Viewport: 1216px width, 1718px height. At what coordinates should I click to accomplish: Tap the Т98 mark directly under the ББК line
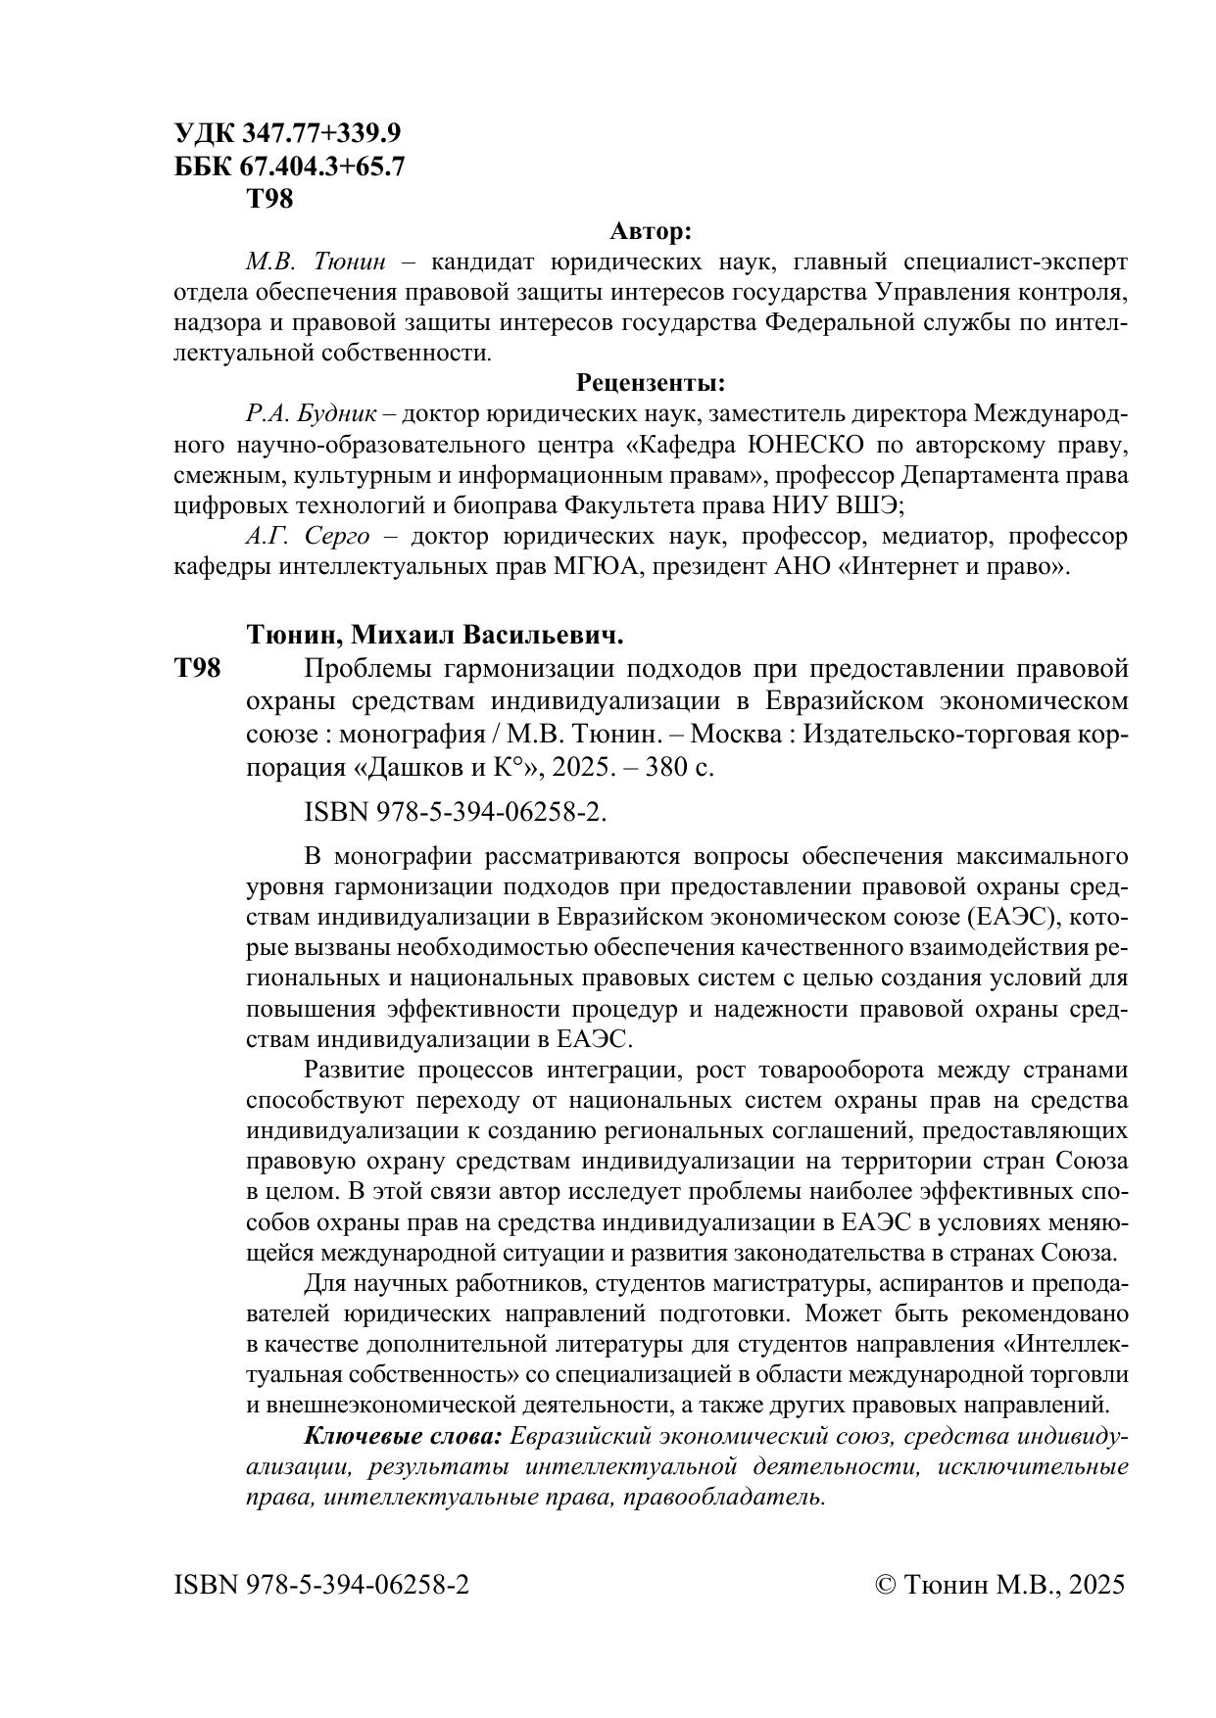(268, 200)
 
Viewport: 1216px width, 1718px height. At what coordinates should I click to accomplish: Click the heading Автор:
(651, 232)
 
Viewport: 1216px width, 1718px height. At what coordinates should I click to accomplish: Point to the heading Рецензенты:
(651, 382)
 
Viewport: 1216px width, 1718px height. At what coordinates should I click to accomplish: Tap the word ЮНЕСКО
(805, 446)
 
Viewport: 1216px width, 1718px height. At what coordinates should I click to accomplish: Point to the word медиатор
(934, 537)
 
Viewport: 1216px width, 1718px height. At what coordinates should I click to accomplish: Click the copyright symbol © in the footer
(885, 1585)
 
